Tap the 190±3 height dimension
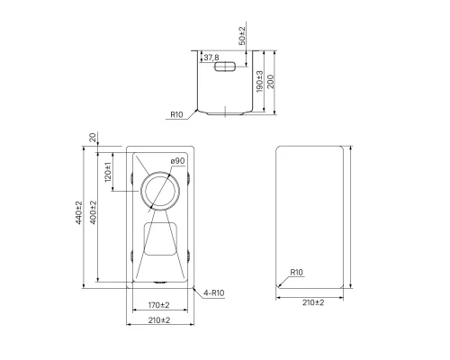(260, 83)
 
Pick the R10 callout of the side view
(176, 115)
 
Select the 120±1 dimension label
(109, 171)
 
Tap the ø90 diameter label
(177, 161)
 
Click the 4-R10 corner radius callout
(213, 293)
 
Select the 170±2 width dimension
(158, 305)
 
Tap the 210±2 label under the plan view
(158, 320)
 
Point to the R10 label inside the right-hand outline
(297, 273)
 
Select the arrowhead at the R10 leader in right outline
(280, 285)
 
